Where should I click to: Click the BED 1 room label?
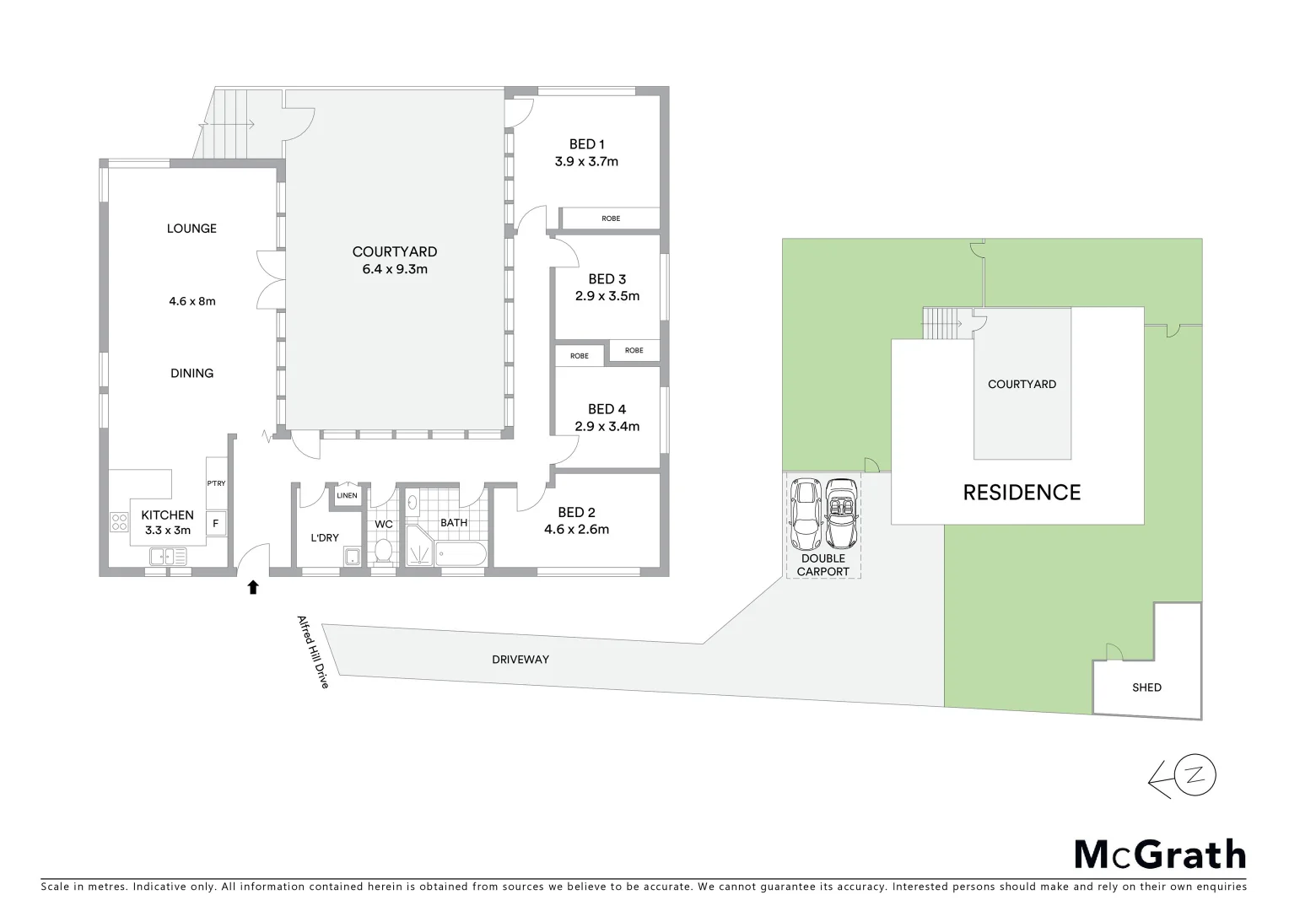pyautogui.click(x=586, y=144)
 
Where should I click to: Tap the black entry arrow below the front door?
pyautogui.click(x=252, y=587)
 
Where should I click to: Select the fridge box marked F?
pyautogui.click(x=216, y=524)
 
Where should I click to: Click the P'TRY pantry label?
pyautogui.click(x=216, y=483)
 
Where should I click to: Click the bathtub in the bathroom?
pyautogui.click(x=461, y=554)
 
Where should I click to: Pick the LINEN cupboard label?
pyautogui.click(x=347, y=496)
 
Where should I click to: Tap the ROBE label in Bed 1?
pyautogui.click(x=611, y=218)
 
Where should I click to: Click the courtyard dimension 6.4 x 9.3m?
pyautogui.click(x=395, y=270)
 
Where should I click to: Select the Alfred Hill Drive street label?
pyautogui.click(x=311, y=651)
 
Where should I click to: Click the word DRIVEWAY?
pyautogui.click(x=520, y=660)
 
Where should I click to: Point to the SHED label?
pyautogui.click(x=1146, y=687)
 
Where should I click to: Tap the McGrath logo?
pyautogui.click(x=1159, y=854)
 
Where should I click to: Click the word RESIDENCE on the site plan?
pyautogui.click(x=1022, y=493)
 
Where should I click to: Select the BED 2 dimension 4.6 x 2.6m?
pyautogui.click(x=577, y=530)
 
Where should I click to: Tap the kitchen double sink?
pyautogui.click(x=168, y=557)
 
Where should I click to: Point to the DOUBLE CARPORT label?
pyautogui.click(x=823, y=565)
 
